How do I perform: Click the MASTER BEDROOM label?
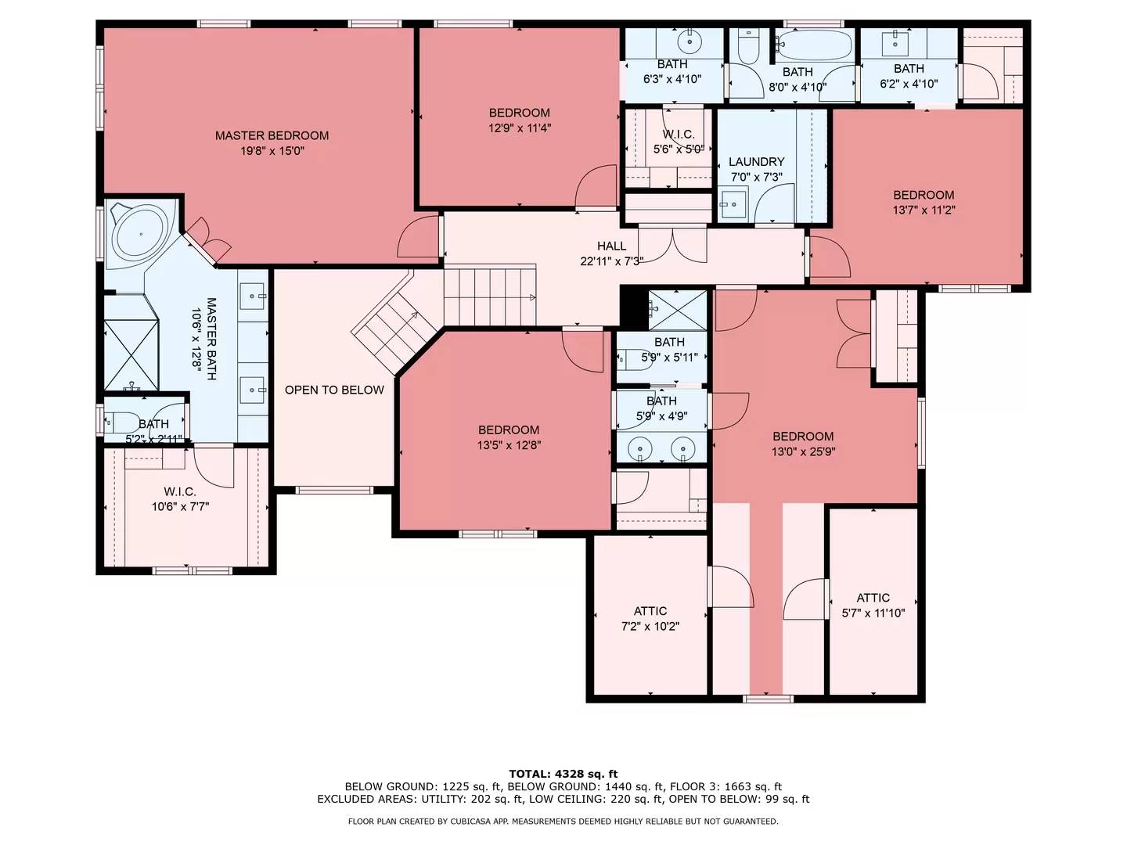pyautogui.click(x=272, y=135)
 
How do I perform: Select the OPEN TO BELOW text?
pyautogui.click(x=334, y=390)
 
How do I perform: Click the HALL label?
pyautogui.click(x=611, y=246)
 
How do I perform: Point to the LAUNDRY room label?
pyautogui.click(x=756, y=162)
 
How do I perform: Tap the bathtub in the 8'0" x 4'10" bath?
pyautogui.click(x=813, y=45)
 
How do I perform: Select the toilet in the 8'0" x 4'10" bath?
pyautogui.click(x=748, y=45)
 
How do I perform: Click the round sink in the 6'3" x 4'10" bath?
pyautogui.click(x=689, y=41)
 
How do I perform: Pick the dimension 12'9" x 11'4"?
pyautogui.click(x=520, y=128)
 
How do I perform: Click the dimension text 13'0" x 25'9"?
pyautogui.click(x=803, y=452)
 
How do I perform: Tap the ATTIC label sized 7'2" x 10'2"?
pyautogui.click(x=650, y=611)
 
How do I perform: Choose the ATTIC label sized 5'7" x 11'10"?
pyautogui.click(x=873, y=598)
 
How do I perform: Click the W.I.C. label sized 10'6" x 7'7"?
pyautogui.click(x=180, y=491)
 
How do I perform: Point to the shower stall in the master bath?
pyautogui.click(x=131, y=354)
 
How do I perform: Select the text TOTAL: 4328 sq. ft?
pyautogui.click(x=563, y=774)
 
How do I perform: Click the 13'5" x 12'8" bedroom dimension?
pyautogui.click(x=509, y=445)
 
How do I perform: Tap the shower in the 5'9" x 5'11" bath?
pyautogui.click(x=678, y=311)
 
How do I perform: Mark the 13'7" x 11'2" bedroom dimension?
pyautogui.click(x=924, y=210)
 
